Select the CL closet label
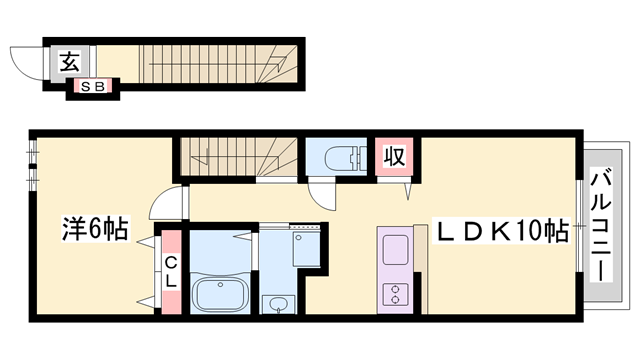[x=171, y=272]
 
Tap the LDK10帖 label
[x=500, y=231]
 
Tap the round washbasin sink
[x=277, y=303]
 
